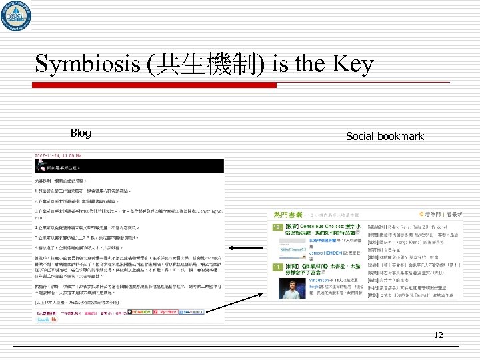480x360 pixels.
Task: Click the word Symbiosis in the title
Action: click(79, 64)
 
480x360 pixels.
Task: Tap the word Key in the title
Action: click(351, 64)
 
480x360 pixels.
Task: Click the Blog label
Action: click(81, 133)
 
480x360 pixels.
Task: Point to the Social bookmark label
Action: click(385, 136)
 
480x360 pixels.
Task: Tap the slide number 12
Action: click(439, 335)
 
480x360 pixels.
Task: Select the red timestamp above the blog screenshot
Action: click(63, 155)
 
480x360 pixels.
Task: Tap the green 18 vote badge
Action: click(280, 227)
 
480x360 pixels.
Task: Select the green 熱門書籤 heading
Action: click(288, 215)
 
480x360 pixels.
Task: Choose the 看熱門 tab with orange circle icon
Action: click(437, 215)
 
